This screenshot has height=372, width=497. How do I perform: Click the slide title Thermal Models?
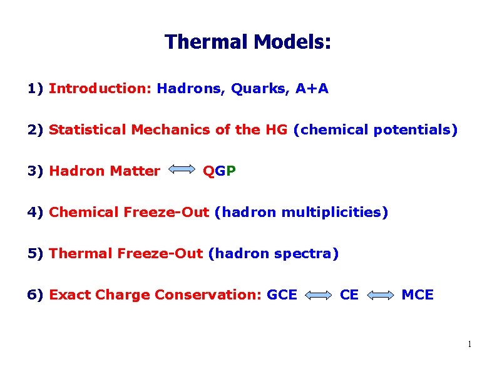point(248,43)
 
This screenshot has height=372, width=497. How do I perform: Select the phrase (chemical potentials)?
point(375,130)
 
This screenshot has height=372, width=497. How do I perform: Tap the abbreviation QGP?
point(219,171)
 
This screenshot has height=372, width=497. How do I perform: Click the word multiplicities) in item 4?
point(334,213)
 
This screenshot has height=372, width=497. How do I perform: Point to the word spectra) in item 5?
point(308,254)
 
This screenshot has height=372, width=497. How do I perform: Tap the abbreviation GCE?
point(282,295)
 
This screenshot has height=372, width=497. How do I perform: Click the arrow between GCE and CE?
point(318,295)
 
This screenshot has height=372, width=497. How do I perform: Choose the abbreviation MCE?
point(417,295)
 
